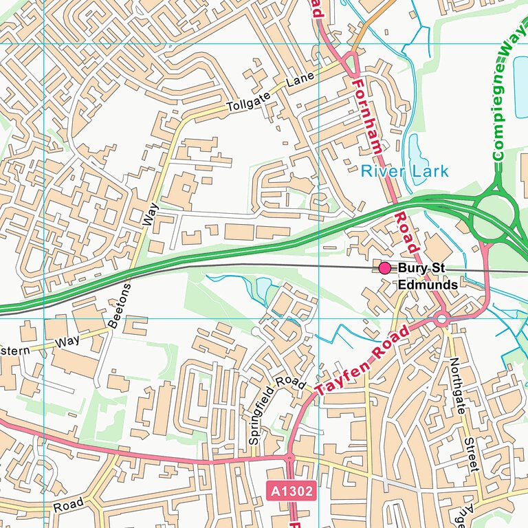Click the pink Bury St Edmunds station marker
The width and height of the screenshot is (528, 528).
(384, 267)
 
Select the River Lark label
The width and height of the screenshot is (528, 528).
(404, 171)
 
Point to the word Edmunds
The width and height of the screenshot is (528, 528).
(428, 284)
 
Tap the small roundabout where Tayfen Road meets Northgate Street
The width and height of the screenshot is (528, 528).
(441, 319)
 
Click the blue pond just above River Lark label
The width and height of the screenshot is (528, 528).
(415, 148)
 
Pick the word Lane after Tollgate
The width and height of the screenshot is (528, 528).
(300, 80)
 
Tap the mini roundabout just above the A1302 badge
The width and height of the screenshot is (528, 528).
(289, 456)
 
